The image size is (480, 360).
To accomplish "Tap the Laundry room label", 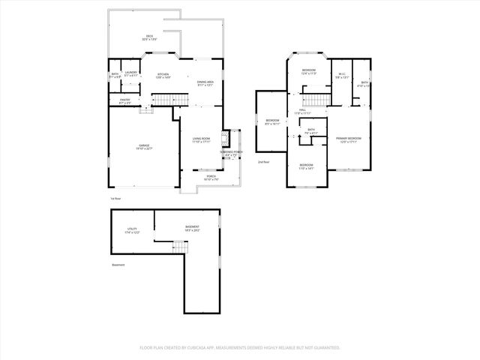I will (x=130, y=73).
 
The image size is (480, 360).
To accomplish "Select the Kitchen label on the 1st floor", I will (x=163, y=75).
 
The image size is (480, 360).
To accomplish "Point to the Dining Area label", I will (x=205, y=82).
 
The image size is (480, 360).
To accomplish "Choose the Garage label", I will (x=144, y=147).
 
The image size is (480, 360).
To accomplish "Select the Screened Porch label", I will (x=231, y=154).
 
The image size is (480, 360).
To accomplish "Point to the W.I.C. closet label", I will (x=341, y=75).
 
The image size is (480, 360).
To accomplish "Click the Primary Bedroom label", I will (x=348, y=140).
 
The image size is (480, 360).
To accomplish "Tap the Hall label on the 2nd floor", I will (x=302, y=112).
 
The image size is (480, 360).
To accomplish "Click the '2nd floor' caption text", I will (x=263, y=162).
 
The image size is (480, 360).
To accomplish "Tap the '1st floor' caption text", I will (x=115, y=198).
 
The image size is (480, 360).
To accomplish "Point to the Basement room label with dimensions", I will (x=193, y=228).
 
